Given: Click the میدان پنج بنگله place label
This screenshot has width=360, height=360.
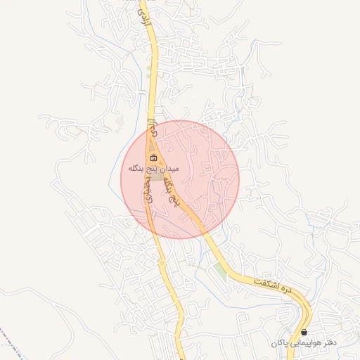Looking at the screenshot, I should coord(154,169).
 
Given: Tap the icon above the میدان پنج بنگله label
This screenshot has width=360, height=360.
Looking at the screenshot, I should coord(154,157).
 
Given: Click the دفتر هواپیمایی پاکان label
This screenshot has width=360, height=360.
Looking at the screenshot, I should coord(303,342).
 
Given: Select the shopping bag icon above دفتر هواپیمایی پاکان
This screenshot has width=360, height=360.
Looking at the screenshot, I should coord(304,332).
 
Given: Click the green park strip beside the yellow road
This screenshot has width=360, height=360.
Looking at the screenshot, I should coord(221,270).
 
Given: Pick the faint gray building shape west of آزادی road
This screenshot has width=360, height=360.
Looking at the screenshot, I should coord(120,123).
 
